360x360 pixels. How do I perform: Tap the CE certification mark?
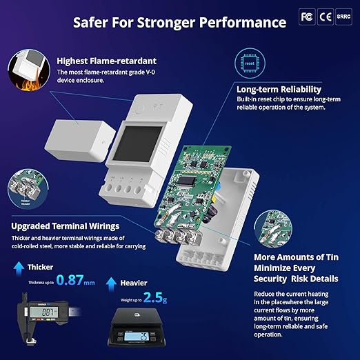pos(325,15)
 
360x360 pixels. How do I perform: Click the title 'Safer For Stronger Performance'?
pos(180,21)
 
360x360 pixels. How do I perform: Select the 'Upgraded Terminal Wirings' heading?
pos(66,226)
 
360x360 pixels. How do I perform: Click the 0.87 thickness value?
pos(76,280)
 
